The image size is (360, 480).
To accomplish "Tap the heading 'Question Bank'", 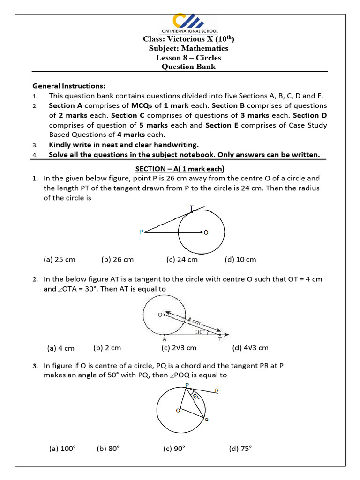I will [x=188, y=67].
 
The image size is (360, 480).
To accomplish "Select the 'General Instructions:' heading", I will [x=69, y=86].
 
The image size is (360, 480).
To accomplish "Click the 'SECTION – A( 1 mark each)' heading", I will [x=180, y=168].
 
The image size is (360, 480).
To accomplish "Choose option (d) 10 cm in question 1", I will [x=240, y=259].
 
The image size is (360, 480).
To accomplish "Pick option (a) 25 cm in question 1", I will [x=59, y=259].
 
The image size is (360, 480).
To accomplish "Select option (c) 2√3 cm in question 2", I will [x=179, y=348].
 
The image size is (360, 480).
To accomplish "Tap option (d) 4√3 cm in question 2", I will [x=250, y=348].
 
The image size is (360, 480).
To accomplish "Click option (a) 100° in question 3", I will [x=62, y=449].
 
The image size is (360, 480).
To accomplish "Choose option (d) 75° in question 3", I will [x=240, y=449].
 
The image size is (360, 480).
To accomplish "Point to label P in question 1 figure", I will [x=141, y=232].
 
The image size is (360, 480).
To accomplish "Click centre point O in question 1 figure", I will [x=202, y=232].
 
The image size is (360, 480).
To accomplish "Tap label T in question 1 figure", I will [x=191, y=207].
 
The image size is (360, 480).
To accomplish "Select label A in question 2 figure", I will [x=164, y=339].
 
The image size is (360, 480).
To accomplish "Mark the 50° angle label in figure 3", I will [x=196, y=397].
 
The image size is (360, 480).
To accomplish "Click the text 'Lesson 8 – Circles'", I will [x=188, y=58].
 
